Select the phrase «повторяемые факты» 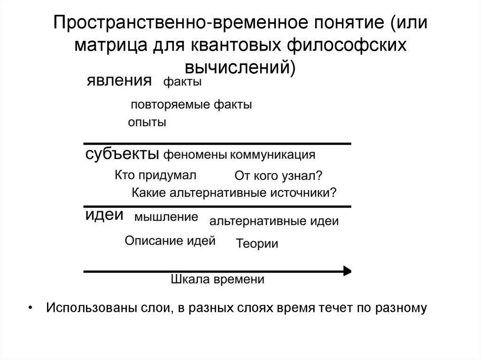click(191, 104)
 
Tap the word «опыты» click(147, 123)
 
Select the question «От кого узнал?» click(278, 176)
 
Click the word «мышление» click(166, 217)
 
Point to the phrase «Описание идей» click(170, 241)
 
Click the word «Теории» click(257, 244)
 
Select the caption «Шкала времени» click(217, 279)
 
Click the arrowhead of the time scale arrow click(347, 270)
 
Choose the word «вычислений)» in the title click(240, 67)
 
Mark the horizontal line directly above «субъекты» click(217, 143)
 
